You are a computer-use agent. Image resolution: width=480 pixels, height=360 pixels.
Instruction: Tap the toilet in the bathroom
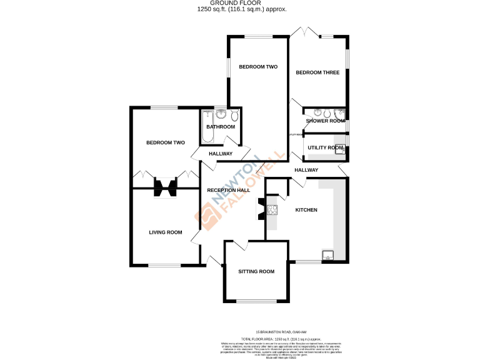[234, 116]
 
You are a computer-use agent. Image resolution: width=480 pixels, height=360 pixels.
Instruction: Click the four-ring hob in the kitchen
[272, 210]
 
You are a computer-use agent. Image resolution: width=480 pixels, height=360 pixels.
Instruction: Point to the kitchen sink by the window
[327, 255]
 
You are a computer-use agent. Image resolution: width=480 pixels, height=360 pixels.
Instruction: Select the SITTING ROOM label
[256, 271]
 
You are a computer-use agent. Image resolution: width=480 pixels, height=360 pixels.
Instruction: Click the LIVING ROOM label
[166, 232]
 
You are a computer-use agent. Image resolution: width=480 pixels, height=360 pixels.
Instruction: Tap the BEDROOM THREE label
[317, 72]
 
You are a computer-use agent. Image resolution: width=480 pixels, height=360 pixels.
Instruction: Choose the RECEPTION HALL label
[229, 190]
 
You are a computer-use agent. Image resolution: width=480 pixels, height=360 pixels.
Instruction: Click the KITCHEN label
[306, 210]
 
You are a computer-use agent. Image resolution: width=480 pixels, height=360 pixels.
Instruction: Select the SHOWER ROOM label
[325, 121]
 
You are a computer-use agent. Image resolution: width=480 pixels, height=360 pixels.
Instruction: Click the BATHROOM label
[221, 127]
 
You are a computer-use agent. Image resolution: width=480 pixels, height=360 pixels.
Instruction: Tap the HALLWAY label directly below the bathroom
[220, 154]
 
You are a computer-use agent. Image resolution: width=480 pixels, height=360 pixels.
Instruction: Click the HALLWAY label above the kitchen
[306, 170]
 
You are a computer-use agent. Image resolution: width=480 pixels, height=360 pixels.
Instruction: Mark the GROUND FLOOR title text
[240, 3]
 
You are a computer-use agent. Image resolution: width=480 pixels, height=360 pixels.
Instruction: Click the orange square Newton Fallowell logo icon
[208, 216]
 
